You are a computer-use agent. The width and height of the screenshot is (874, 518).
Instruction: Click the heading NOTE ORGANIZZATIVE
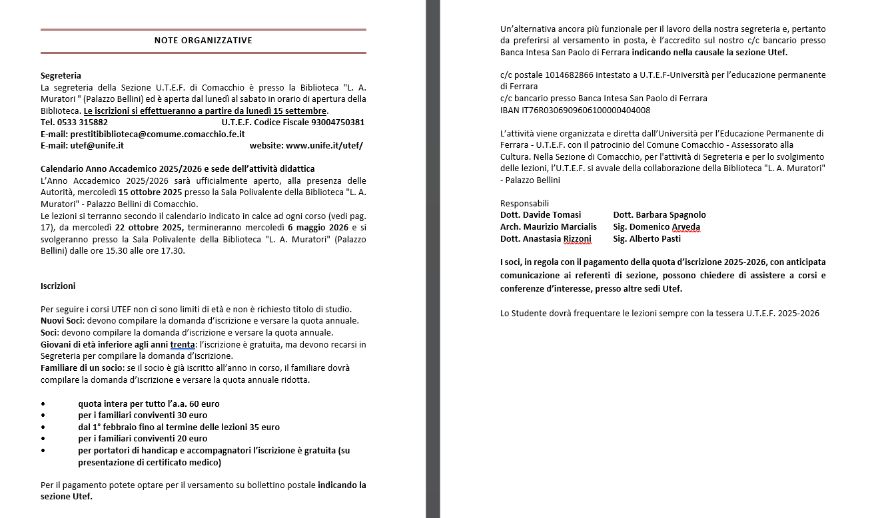tap(203, 41)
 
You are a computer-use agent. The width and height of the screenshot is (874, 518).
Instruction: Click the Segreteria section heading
tap(61, 75)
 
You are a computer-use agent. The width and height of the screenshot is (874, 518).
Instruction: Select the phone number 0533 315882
tap(83, 123)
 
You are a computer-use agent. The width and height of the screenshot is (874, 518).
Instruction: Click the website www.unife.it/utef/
tap(324, 145)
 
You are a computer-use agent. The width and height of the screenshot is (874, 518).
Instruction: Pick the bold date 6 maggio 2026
tap(314, 228)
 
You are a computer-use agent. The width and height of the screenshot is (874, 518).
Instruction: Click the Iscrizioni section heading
tap(58, 286)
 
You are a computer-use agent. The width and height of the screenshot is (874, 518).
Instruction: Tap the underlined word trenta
tap(183, 345)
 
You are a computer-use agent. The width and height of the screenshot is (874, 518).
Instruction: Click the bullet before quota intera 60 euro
tap(43, 404)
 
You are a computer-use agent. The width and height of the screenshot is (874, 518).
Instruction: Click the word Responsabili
tap(524, 203)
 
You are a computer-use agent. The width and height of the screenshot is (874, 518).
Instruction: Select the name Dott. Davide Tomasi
tap(540, 215)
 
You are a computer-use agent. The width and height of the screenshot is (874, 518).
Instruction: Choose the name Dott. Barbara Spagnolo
tap(659, 215)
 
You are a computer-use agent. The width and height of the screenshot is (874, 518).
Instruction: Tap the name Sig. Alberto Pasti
tap(647, 239)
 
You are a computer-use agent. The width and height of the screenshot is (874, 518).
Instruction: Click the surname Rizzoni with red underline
tap(577, 239)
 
